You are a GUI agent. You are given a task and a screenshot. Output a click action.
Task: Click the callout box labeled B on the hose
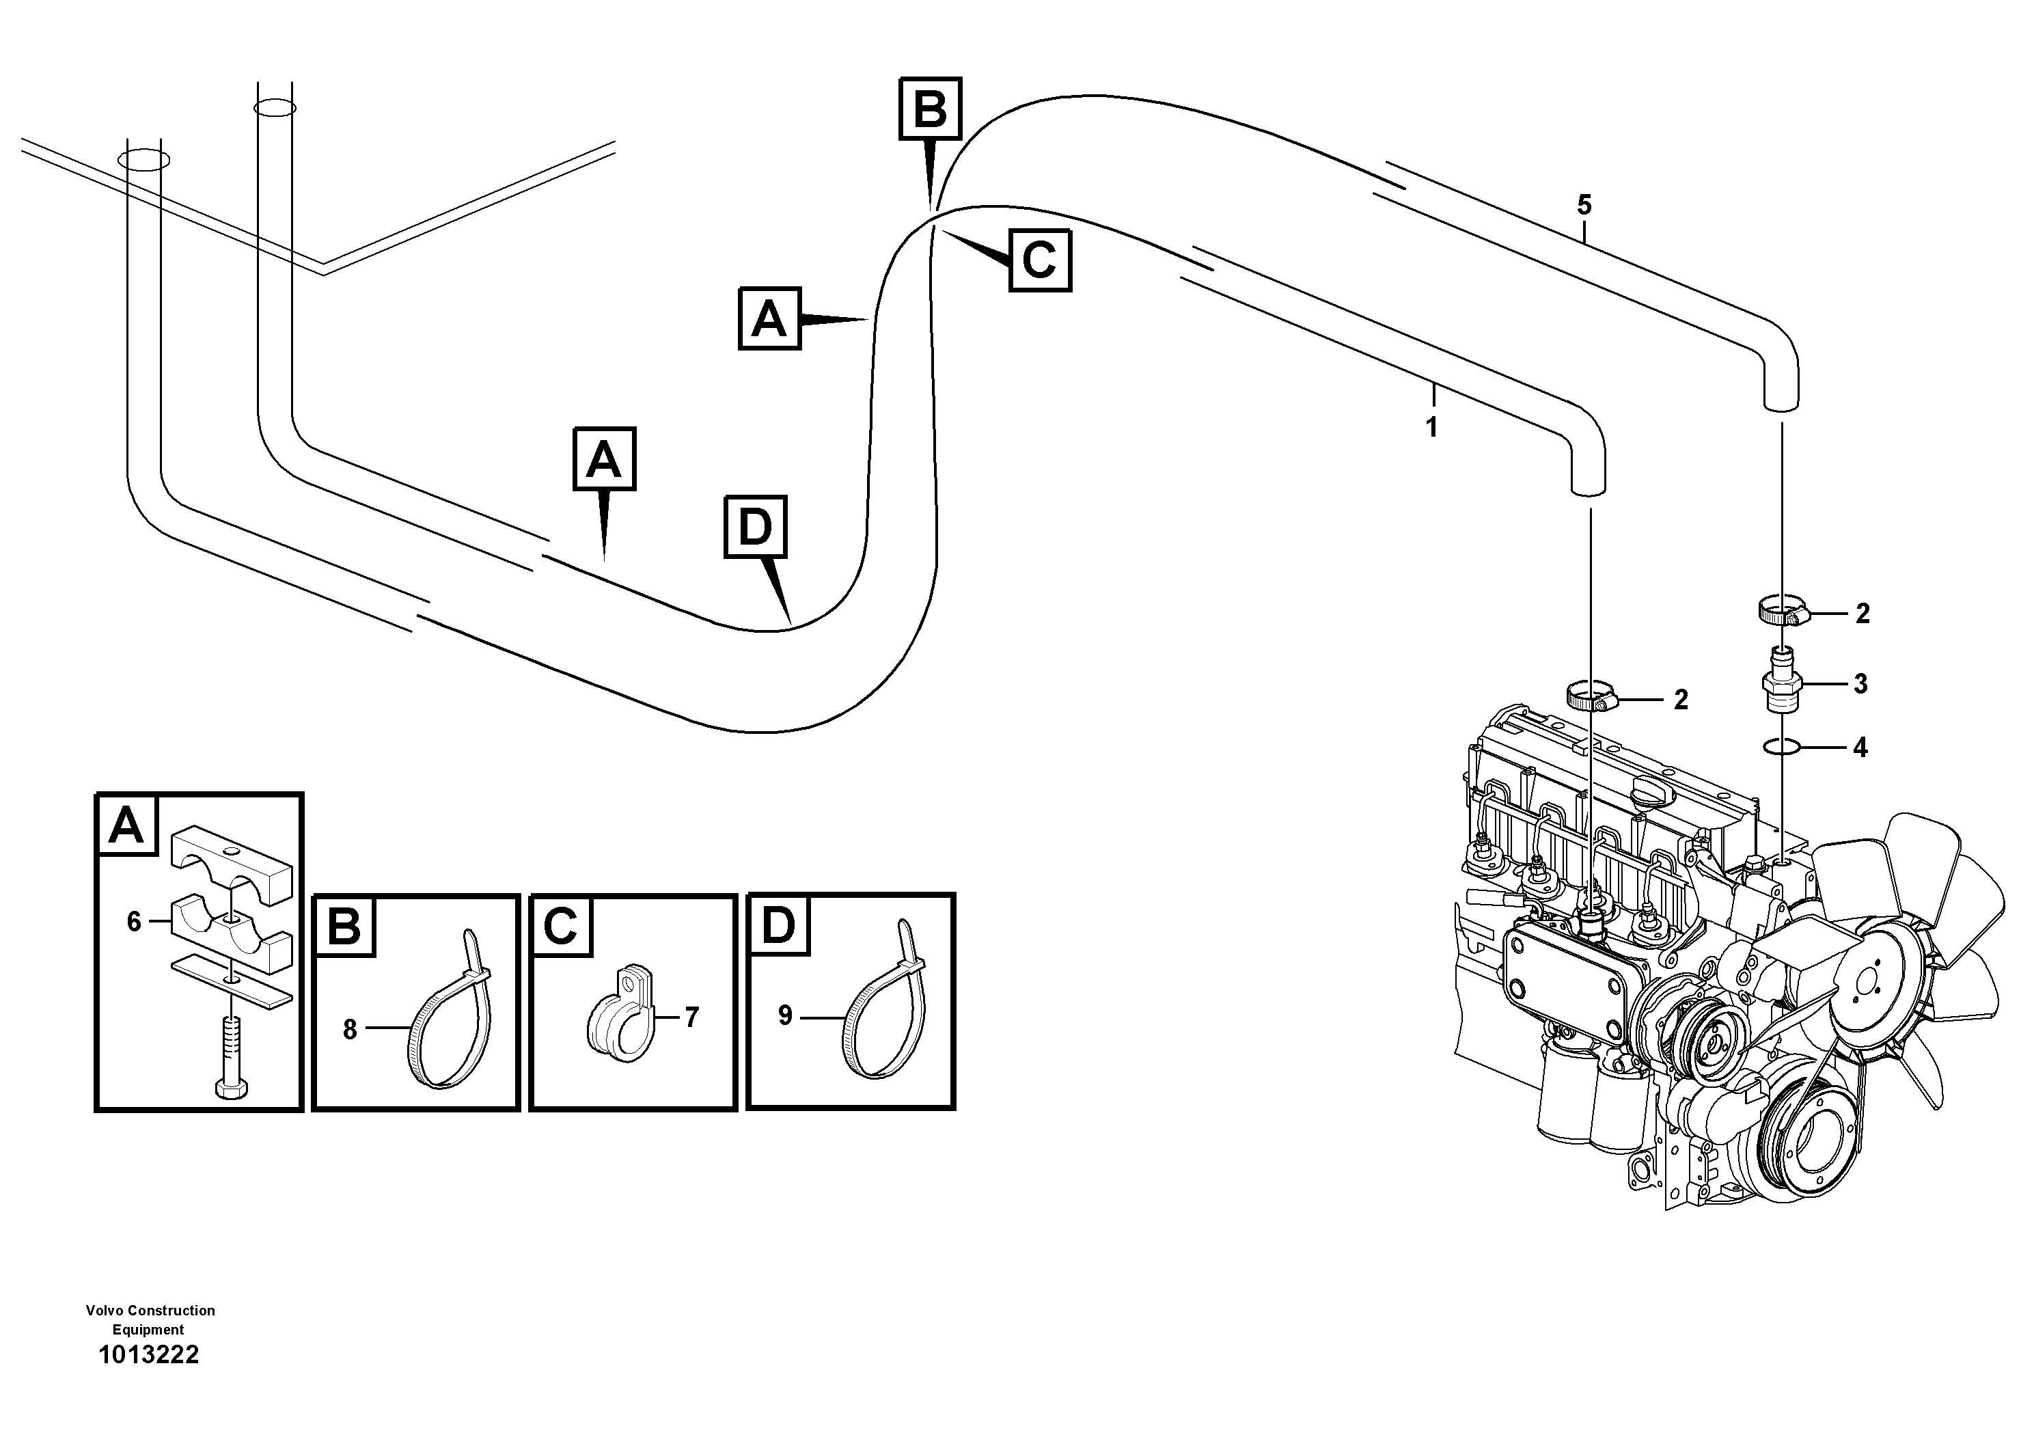(930, 109)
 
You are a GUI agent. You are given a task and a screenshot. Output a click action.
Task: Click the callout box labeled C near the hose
(1040, 260)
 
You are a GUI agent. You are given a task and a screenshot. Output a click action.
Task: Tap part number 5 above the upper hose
(1584, 206)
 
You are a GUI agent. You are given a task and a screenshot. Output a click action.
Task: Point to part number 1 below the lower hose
(1431, 428)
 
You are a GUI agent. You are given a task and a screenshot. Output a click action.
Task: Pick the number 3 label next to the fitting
(1860, 684)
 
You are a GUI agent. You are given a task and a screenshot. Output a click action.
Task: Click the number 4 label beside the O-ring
(1860, 748)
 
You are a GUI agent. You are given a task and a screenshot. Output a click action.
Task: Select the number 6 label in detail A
(134, 922)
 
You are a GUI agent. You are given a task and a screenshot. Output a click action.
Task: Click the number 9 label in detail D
(785, 1016)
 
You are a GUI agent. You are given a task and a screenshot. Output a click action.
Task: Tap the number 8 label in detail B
(350, 1030)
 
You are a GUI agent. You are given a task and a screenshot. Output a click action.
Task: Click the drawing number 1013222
(149, 1354)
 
